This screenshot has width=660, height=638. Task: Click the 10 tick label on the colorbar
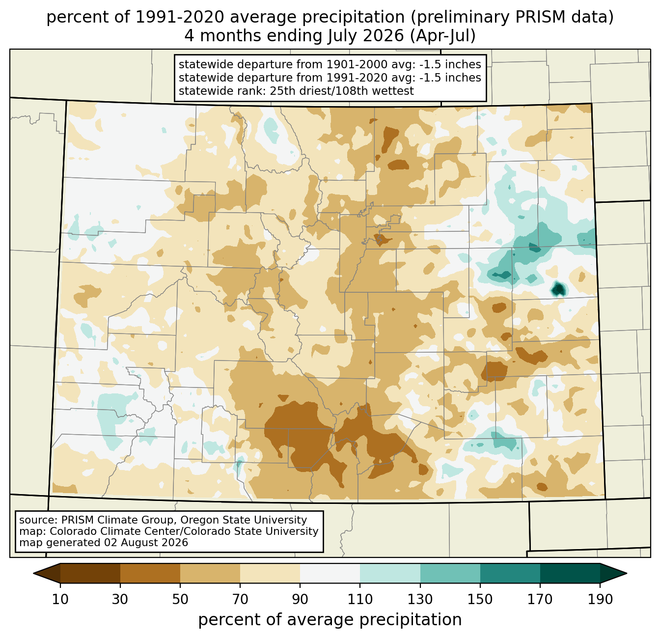60,599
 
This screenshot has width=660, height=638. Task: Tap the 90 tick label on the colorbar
300,599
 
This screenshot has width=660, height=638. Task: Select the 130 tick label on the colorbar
420,599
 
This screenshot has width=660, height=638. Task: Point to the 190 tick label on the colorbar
600,599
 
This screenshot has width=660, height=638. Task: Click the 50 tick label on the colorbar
180,599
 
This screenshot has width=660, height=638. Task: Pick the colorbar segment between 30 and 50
150,573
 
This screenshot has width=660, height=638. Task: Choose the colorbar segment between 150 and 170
510,573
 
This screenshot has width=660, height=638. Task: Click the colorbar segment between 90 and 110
330,573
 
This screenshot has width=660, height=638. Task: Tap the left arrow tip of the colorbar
33,573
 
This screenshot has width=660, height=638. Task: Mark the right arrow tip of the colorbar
627,573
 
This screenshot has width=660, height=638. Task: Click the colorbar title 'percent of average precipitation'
330,620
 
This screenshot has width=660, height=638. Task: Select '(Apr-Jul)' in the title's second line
442,36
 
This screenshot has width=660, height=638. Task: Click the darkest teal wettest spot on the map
558,289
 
